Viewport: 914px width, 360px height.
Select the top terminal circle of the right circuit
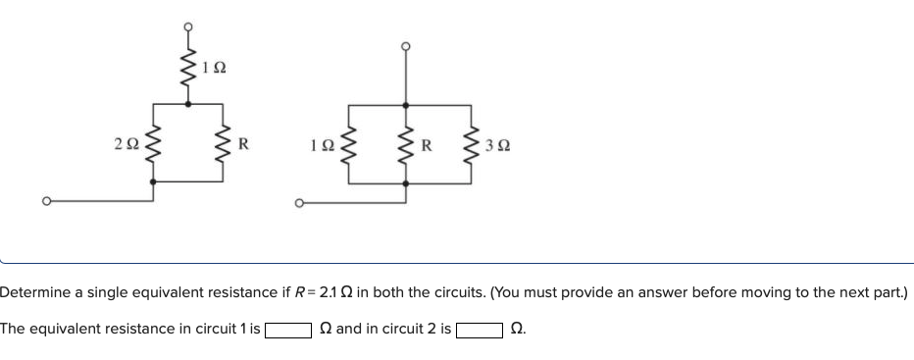click(404, 45)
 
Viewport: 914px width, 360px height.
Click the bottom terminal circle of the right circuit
click(299, 204)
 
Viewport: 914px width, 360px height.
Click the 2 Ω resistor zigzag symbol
click(151, 148)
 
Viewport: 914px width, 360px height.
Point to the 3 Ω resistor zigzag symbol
click(475, 148)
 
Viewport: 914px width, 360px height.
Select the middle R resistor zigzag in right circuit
click(404, 148)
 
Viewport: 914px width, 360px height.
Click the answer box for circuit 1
click(286, 330)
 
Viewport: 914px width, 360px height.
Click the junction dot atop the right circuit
click(404, 102)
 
